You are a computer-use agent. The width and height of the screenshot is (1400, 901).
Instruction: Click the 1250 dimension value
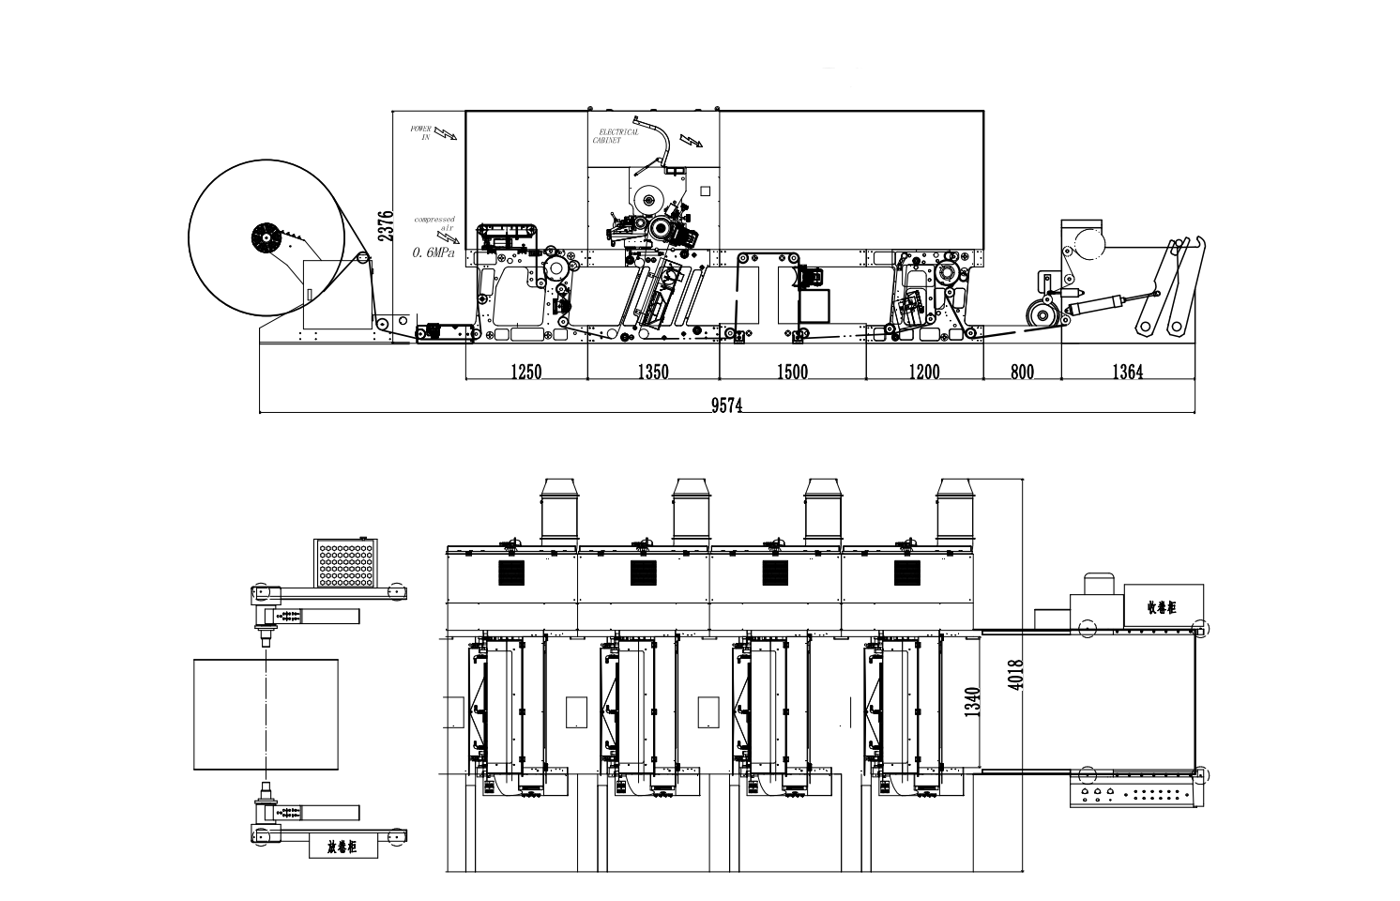click(x=526, y=373)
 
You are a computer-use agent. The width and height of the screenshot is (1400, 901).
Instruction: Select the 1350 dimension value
click(x=653, y=373)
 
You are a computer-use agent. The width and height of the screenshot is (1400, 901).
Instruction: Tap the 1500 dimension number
click(x=791, y=373)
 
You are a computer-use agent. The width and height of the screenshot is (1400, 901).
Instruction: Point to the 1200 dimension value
click(x=923, y=373)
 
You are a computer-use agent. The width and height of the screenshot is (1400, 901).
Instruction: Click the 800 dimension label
click(x=1022, y=373)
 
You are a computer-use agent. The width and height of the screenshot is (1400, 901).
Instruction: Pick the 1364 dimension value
click(x=1127, y=373)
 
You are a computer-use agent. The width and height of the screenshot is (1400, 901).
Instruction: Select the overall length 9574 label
click(x=727, y=405)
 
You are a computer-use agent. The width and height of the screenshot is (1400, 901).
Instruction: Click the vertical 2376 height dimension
click(x=384, y=226)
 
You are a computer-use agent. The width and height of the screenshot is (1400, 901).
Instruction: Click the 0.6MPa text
click(x=433, y=253)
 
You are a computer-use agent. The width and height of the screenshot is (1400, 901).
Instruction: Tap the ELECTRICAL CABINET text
click(x=616, y=136)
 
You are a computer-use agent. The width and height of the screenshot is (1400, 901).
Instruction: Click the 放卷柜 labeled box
click(x=343, y=847)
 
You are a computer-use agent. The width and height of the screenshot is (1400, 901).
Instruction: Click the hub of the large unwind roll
click(x=266, y=238)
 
